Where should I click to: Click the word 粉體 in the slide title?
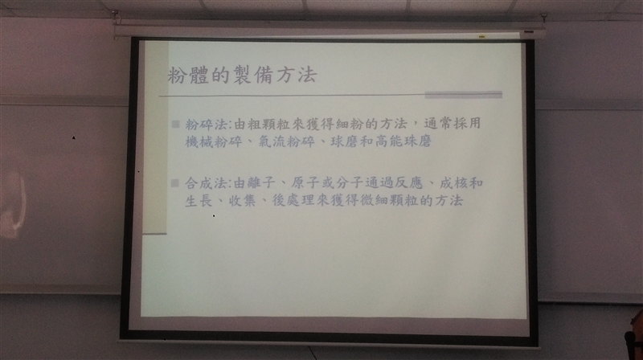pos(188,75)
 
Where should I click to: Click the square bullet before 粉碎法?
pos(175,124)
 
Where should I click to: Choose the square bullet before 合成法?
pos(175,183)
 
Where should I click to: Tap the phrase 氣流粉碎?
pos(287,142)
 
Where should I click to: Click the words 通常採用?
pos(453,123)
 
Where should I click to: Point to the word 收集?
pos(243,201)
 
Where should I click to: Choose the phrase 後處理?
pos(293,201)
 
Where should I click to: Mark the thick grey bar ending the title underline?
pos(464,95)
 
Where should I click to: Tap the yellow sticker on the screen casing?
pos(481,37)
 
